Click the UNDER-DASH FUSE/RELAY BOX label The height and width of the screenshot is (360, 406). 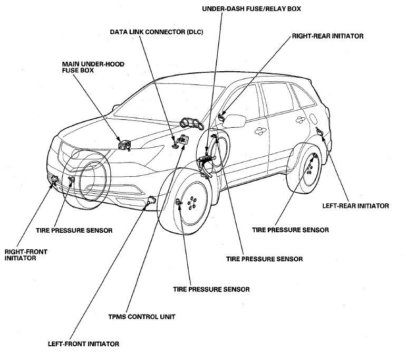coord(251,9)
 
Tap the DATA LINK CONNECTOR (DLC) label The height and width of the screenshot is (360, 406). coord(157,32)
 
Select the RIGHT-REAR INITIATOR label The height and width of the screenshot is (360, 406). coord(327,36)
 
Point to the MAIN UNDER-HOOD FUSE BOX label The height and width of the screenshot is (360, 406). coord(93,67)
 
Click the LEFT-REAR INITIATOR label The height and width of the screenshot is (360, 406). coord(355,206)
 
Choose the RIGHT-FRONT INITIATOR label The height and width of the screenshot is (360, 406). coord(26,255)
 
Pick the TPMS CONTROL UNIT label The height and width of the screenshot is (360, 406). coord(142,317)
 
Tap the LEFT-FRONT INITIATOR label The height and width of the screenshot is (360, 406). coord(83,344)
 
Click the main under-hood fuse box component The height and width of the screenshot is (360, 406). coord(124,145)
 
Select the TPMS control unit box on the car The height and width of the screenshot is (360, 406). coord(184,139)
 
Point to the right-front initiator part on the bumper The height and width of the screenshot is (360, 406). coord(55,179)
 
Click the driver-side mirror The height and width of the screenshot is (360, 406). coord(234,121)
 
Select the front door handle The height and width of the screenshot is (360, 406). coord(259,130)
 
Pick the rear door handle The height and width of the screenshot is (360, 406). coord(301,119)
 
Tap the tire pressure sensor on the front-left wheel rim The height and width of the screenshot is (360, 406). coord(178,202)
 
